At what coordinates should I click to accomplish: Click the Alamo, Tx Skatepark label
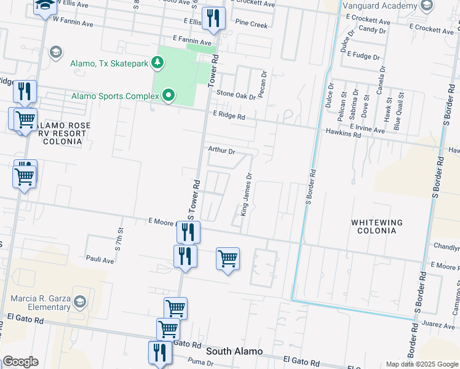pyautogui.click(x=110, y=63)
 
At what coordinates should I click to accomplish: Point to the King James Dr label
pyautogui.click(x=246, y=194)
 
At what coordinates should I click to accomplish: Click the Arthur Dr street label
pyautogui.click(x=221, y=150)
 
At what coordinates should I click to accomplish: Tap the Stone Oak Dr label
pyautogui.click(x=235, y=96)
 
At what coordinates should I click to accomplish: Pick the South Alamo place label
pyautogui.click(x=234, y=351)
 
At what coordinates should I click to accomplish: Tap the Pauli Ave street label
pyautogui.click(x=100, y=260)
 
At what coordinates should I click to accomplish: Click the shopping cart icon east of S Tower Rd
pyautogui.click(x=228, y=258)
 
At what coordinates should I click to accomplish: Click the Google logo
pyautogui.click(x=20, y=362)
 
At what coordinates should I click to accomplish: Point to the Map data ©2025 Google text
pyautogui.click(x=421, y=364)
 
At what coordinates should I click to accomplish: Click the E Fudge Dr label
pyautogui.click(x=363, y=55)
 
